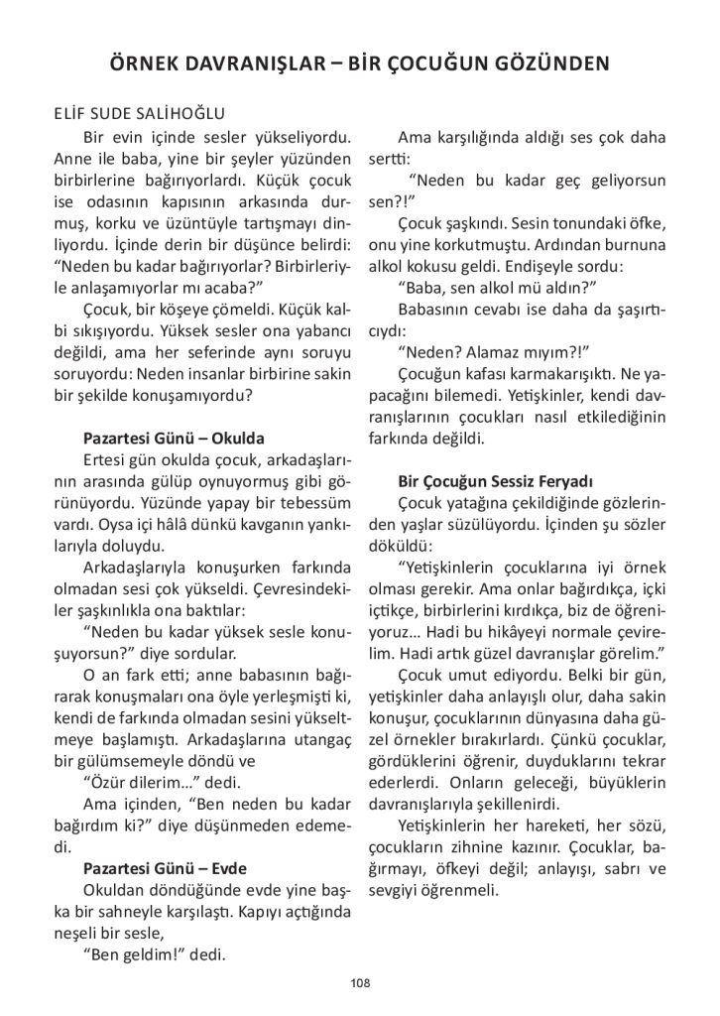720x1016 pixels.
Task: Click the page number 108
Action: point(359,982)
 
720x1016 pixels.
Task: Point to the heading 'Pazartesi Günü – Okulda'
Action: point(173,438)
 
